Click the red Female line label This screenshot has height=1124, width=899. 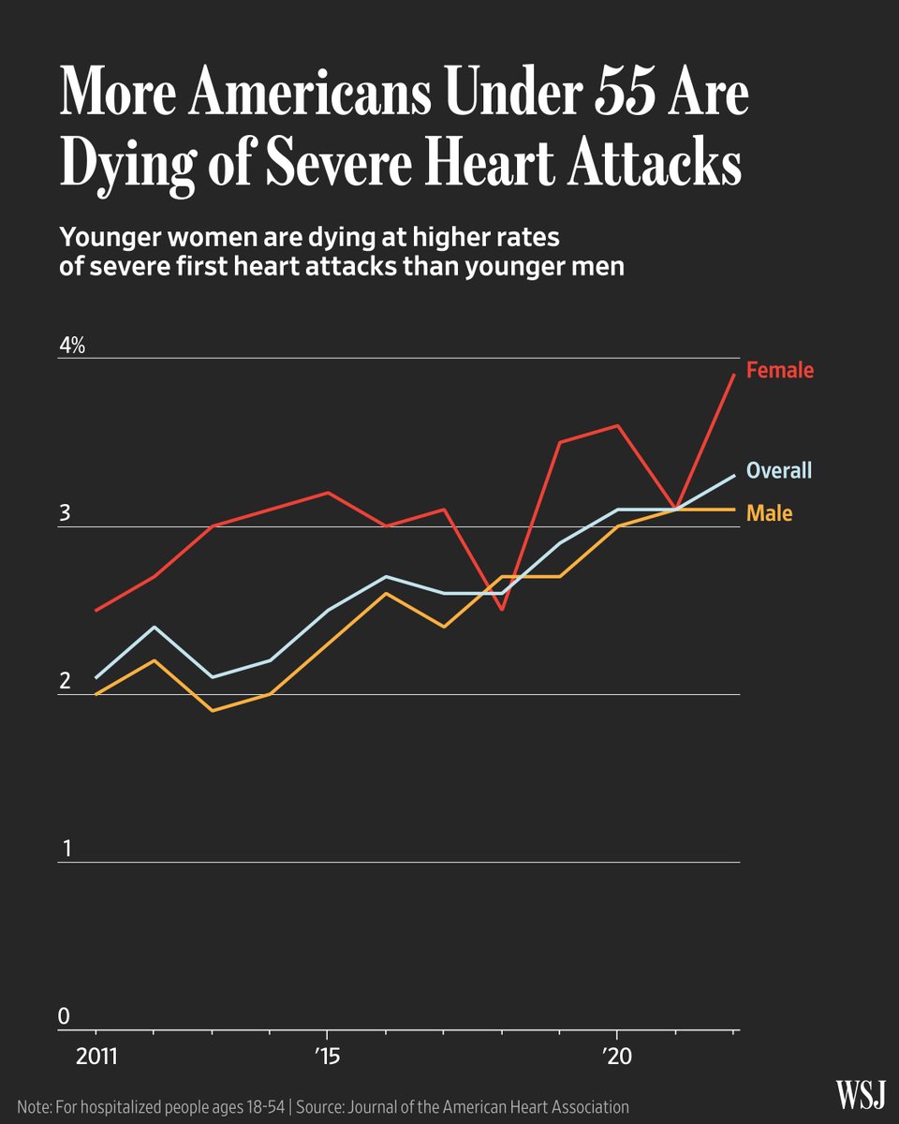[x=779, y=370]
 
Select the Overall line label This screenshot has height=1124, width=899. [x=778, y=470]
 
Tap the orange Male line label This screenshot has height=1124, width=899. [x=769, y=513]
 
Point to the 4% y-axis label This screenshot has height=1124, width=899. [x=72, y=346]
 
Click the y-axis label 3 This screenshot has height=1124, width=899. [x=65, y=514]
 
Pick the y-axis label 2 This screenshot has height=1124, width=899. [x=65, y=681]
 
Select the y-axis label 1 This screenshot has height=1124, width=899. [x=65, y=849]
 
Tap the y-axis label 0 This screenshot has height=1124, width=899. [x=65, y=1016]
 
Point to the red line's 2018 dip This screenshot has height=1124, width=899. [x=502, y=610]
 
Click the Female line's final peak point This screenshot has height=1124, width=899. [x=733, y=375]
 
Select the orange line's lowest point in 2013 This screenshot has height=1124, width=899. [x=213, y=711]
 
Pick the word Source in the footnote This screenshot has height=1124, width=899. [x=325, y=1106]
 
